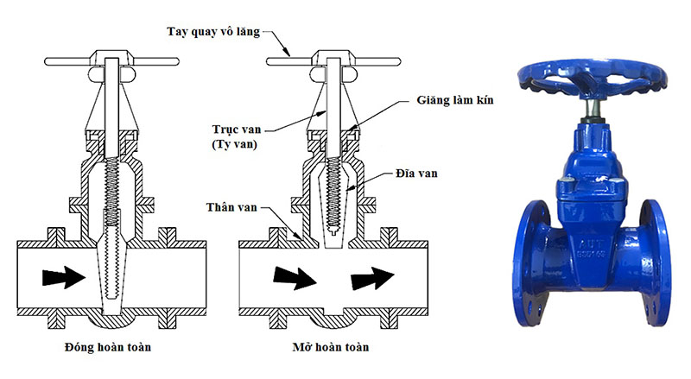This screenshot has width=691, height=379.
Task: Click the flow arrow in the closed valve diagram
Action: pos(60,276)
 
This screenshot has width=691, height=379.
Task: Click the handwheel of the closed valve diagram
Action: pos(112,62)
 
